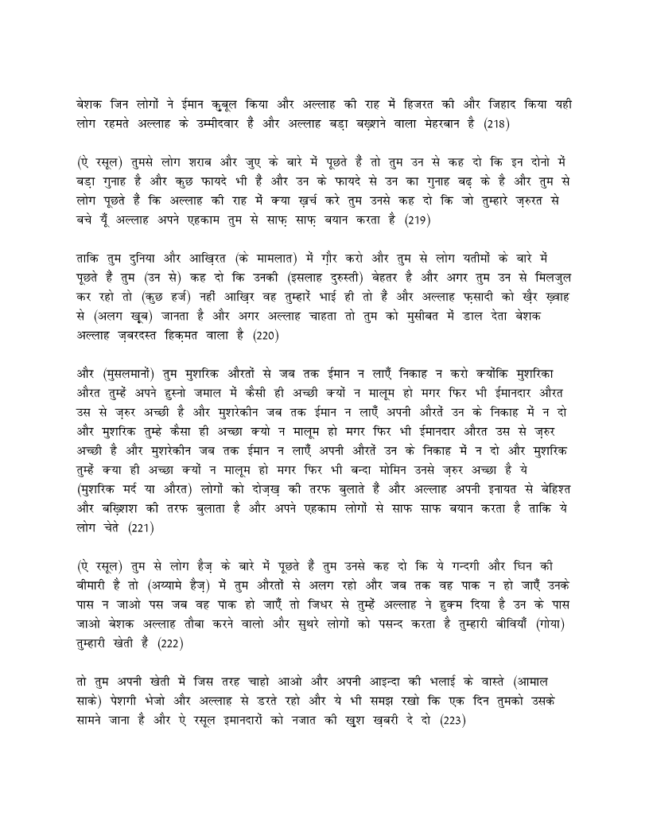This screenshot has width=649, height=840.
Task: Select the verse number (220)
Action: [267, 336]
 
